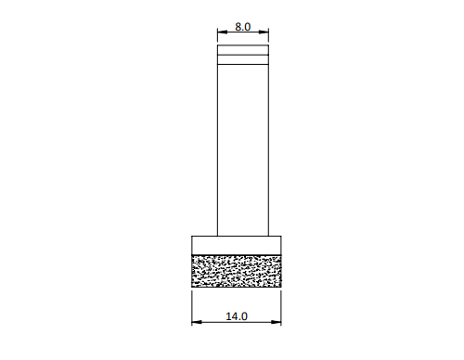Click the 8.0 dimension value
(x=243, y=27)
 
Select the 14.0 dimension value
(x=237, y=316)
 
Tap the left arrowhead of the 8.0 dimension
(x=223, y=32)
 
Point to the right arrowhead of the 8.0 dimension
(x=264, y=32)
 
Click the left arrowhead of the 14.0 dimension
(x=197, y=322)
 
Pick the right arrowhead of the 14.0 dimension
(x=277, y=322)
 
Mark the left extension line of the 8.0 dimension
(x=217, y=35)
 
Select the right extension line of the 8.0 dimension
(x=268, y=35)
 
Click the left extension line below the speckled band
(x=192, y=308)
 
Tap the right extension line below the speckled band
(x=281, y=308)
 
